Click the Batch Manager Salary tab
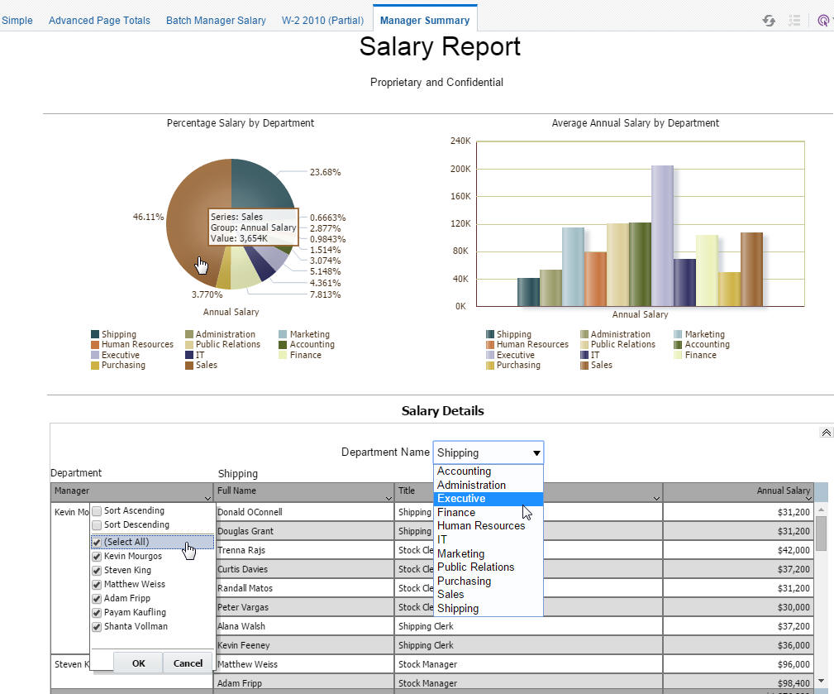tap(216, 20)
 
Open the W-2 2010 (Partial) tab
tap(322, 20)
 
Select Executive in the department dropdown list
tap(461, 499)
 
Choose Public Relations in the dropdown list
tap(475, 567)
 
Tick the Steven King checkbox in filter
tap(97, 570)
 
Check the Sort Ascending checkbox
tap(97, 511)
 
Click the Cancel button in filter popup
tap(188, 663)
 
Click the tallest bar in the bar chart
tap(662, 236)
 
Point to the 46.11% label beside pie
tap(148, 217)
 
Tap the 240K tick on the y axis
tap(460, 141)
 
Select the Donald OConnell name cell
tap(250, 512)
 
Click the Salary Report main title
tap(440, 47)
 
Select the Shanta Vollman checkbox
tap(97, 626)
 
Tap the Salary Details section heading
tap(442, 411)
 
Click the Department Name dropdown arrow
tap(536, 453)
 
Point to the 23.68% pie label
tap(325, 172)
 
